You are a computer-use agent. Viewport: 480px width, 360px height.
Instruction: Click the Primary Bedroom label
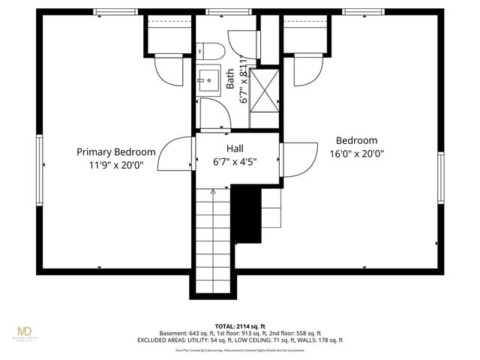116,151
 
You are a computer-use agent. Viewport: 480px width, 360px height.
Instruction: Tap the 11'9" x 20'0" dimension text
116,164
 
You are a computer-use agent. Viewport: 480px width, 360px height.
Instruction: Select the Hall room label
234,148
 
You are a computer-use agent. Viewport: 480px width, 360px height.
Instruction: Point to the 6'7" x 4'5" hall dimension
235,161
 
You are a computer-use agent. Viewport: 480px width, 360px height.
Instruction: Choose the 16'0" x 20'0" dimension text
357,153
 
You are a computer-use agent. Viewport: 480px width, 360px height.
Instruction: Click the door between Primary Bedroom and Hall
177,156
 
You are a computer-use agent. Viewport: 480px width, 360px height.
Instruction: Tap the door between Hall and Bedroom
298,159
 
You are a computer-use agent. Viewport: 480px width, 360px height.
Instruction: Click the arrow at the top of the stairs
214,193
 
